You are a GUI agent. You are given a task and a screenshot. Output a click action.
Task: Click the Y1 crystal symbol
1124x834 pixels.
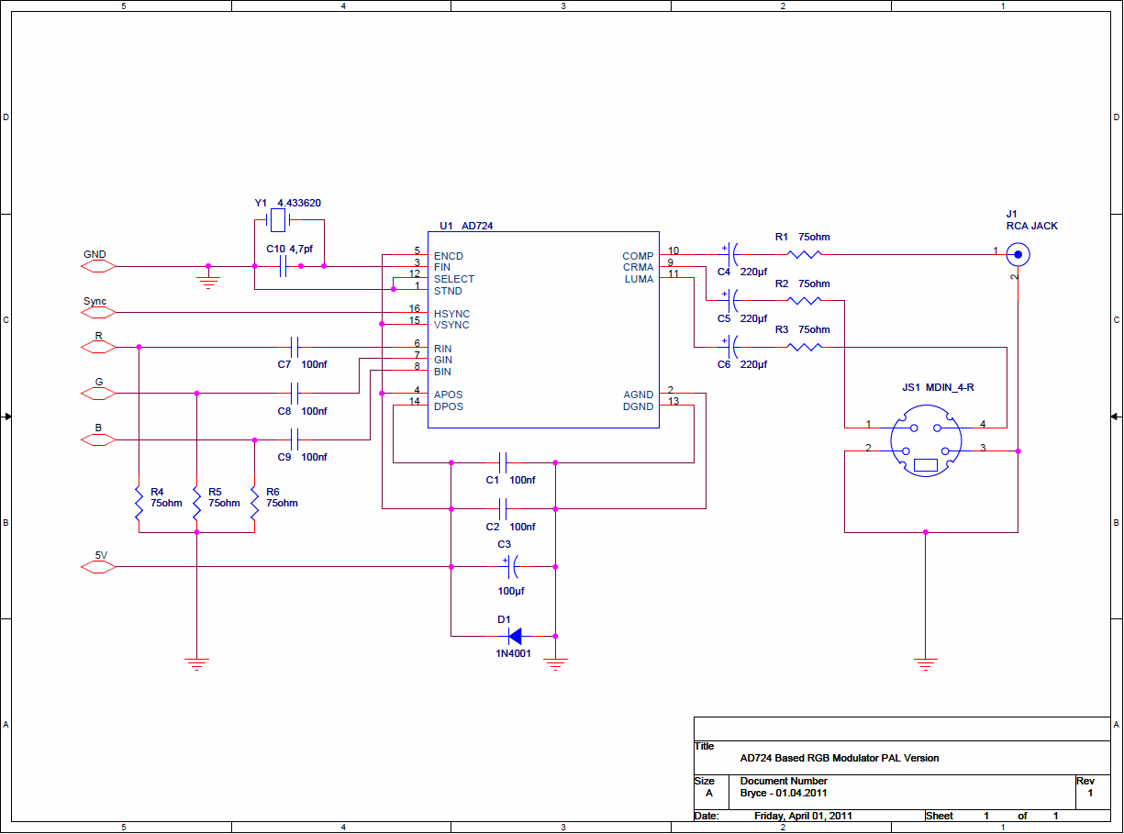[278, 220]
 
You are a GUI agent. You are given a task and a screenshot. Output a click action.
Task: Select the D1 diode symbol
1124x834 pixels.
[515, 636]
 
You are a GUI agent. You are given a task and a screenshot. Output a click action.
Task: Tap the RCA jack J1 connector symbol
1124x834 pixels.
[1018, 255]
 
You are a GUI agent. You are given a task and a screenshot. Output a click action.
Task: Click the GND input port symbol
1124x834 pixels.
[98, 266]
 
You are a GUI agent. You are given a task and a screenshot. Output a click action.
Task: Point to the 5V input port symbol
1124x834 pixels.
[98, 566]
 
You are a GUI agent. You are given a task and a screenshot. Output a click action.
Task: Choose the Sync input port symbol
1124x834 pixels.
[98, 312]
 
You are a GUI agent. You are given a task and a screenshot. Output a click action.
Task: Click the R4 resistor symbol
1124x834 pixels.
[139, 503]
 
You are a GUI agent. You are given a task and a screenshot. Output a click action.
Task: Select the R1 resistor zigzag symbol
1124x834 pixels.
[804, 254]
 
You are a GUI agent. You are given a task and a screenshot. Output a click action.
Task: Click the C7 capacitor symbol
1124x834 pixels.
[295, 347]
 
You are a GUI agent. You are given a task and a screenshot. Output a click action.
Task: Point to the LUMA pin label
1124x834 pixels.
[639, 279]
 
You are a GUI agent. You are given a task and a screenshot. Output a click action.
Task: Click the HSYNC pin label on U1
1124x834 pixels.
[451, 314]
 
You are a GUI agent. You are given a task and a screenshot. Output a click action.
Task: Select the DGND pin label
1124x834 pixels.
[638, 406]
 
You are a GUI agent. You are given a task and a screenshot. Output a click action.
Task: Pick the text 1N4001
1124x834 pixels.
[513, 653]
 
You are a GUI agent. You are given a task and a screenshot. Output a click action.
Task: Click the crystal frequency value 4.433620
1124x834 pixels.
[299, 203]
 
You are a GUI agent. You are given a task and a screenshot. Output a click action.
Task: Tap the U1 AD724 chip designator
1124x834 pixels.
[466, 226]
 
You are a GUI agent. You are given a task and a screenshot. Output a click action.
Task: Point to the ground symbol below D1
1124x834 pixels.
[555, 663]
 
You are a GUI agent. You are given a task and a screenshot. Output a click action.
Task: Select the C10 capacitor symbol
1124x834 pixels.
[284, 266]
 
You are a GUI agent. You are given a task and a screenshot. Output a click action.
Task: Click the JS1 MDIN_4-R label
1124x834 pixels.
[938, 387]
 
